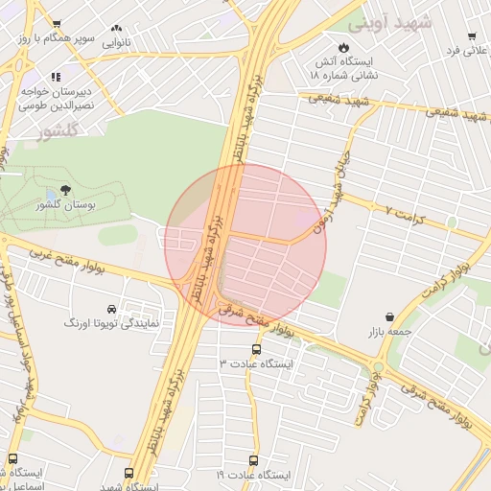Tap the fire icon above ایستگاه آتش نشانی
click(343, 46)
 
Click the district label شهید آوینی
click(390, 21)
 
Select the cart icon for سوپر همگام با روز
click(57, 25)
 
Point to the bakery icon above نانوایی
click(119, 30)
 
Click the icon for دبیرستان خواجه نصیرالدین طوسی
click(57, 76)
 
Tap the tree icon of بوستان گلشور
click(65, 190)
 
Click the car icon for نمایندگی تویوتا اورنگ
click(113, 309)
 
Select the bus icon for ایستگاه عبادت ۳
click(255, 349)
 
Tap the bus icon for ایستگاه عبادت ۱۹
click(254, 460)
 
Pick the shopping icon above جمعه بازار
click(390, 316)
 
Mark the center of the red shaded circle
click(245, 245)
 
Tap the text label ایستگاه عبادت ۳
click(256, 364)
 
